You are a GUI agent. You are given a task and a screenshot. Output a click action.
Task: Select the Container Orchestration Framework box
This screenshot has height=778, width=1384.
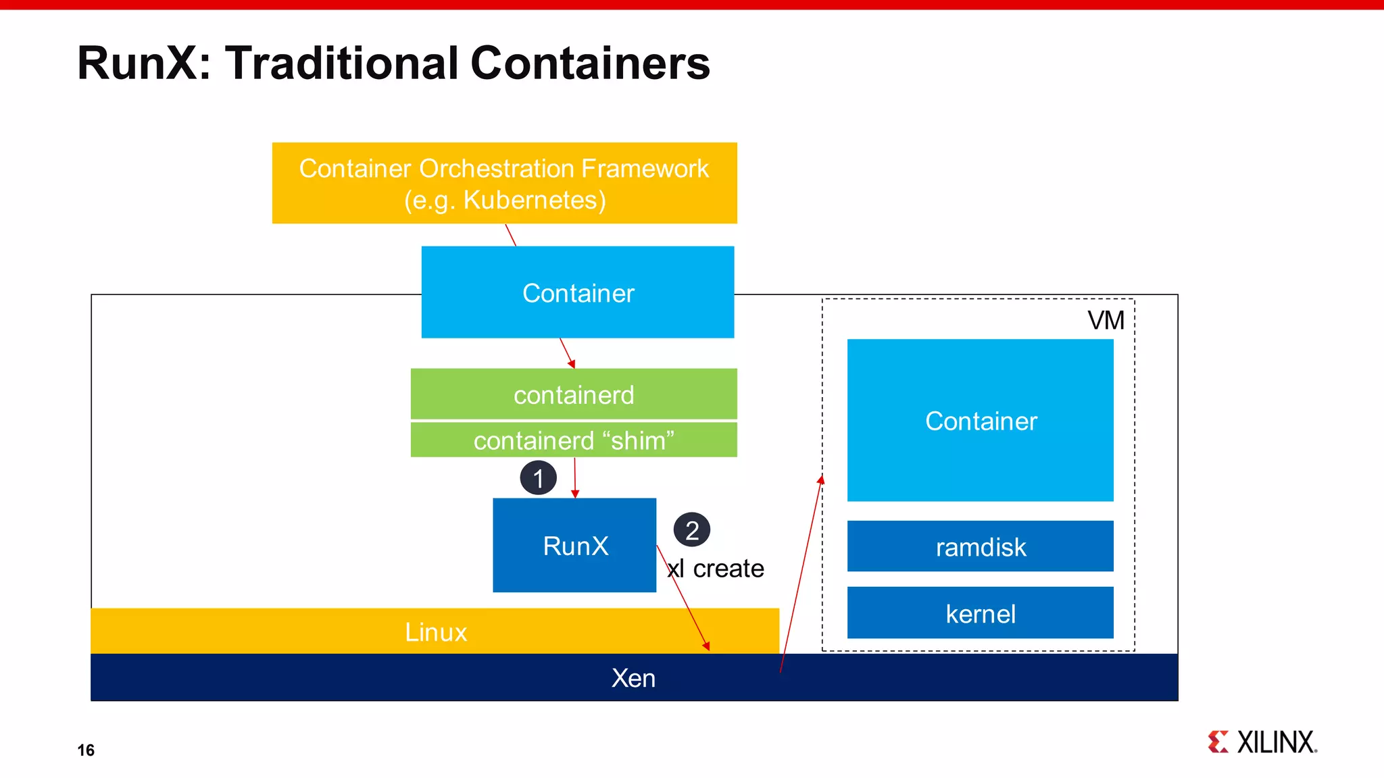coord(504,183)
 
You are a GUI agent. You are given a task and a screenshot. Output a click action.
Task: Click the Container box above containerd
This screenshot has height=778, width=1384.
coord(578,292)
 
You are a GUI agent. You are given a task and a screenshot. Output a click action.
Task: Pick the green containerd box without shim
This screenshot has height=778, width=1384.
coord(574,394)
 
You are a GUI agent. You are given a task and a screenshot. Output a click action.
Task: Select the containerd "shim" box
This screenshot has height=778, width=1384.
coord(574,440)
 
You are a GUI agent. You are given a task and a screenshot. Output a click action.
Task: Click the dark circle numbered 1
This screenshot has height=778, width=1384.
coord(538,478)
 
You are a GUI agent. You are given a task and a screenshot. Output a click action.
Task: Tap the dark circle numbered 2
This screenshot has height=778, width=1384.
coord(691,530)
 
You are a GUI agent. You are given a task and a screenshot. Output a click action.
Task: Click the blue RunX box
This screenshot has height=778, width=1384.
coord(574,546)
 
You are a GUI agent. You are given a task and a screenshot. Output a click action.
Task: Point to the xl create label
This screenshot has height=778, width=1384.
coord(716,569)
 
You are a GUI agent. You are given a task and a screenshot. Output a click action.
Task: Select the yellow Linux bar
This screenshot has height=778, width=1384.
coord(435,632)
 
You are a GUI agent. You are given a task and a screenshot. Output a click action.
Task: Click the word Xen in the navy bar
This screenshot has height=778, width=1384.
coord(633,678)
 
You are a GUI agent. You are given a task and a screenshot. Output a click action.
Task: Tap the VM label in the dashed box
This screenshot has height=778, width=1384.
coord(1106,320)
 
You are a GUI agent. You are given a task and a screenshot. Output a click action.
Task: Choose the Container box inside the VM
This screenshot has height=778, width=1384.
coord(980,421)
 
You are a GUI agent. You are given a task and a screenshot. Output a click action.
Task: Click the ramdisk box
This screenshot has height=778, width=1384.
coord(980,546)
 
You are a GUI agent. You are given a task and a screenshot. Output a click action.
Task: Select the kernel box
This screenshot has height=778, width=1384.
coord(980,613)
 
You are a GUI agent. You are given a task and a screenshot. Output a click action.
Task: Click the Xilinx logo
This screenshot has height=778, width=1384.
coord(1262,742)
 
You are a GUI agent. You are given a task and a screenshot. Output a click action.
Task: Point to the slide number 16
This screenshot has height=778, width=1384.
coord(86,750)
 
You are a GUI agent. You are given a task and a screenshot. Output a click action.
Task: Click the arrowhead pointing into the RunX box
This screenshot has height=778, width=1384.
coord(575,494)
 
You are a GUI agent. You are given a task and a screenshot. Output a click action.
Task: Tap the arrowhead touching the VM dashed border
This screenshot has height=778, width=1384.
coord(821,479)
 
